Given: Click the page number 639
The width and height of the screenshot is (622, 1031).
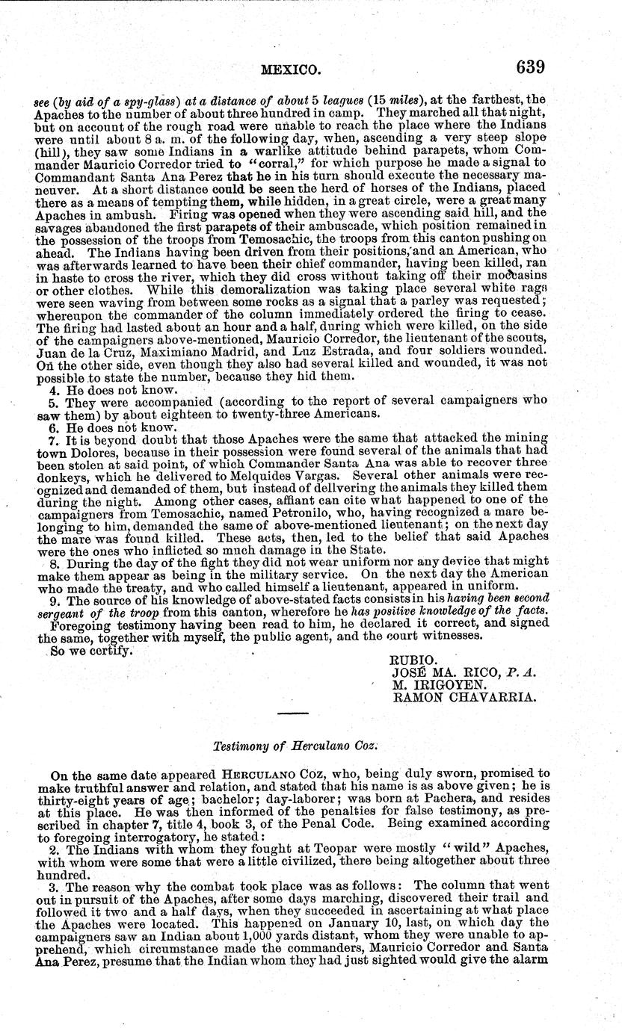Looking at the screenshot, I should coord(529,67).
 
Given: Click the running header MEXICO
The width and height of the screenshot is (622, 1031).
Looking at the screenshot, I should coord(291,70).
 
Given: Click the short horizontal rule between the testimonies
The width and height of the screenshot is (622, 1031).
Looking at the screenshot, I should coord(292,713).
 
